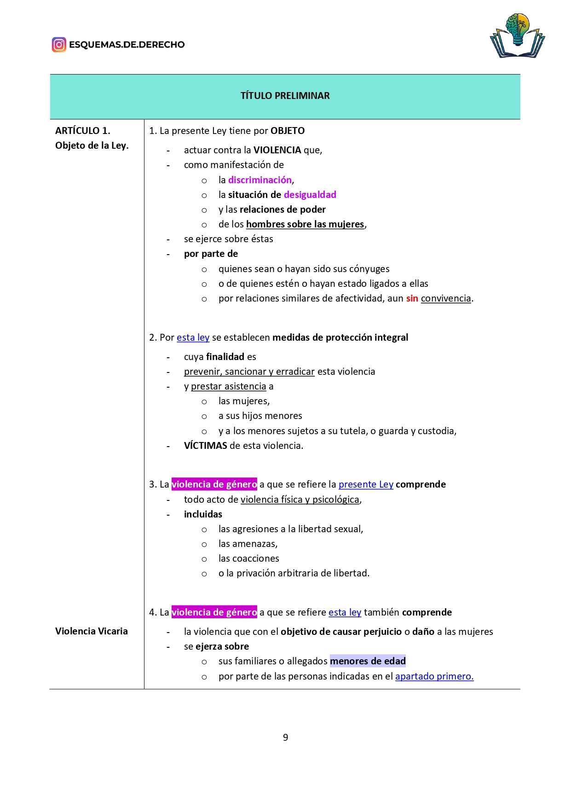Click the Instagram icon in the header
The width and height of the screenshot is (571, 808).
59,45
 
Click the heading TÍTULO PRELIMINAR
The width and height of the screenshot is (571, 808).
285,96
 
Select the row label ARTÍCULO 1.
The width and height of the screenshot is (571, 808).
83,131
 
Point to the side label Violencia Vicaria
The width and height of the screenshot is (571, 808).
92,631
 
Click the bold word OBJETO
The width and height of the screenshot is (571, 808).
288,131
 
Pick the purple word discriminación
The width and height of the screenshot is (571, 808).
260,180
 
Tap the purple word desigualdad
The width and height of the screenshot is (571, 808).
310,195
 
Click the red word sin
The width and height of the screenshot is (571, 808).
412,298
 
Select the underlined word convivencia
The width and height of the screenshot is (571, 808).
446,298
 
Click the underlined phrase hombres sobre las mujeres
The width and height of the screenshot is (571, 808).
305,224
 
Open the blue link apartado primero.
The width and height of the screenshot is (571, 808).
434,676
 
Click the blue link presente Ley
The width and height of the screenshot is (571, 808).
366,484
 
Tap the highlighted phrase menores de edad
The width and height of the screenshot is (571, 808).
368,661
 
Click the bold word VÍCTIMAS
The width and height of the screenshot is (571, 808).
205,446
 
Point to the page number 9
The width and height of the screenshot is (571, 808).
285,738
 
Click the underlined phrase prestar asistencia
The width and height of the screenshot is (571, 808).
228,386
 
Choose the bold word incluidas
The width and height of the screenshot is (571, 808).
203,514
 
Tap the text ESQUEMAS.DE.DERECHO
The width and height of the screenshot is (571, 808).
127,45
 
